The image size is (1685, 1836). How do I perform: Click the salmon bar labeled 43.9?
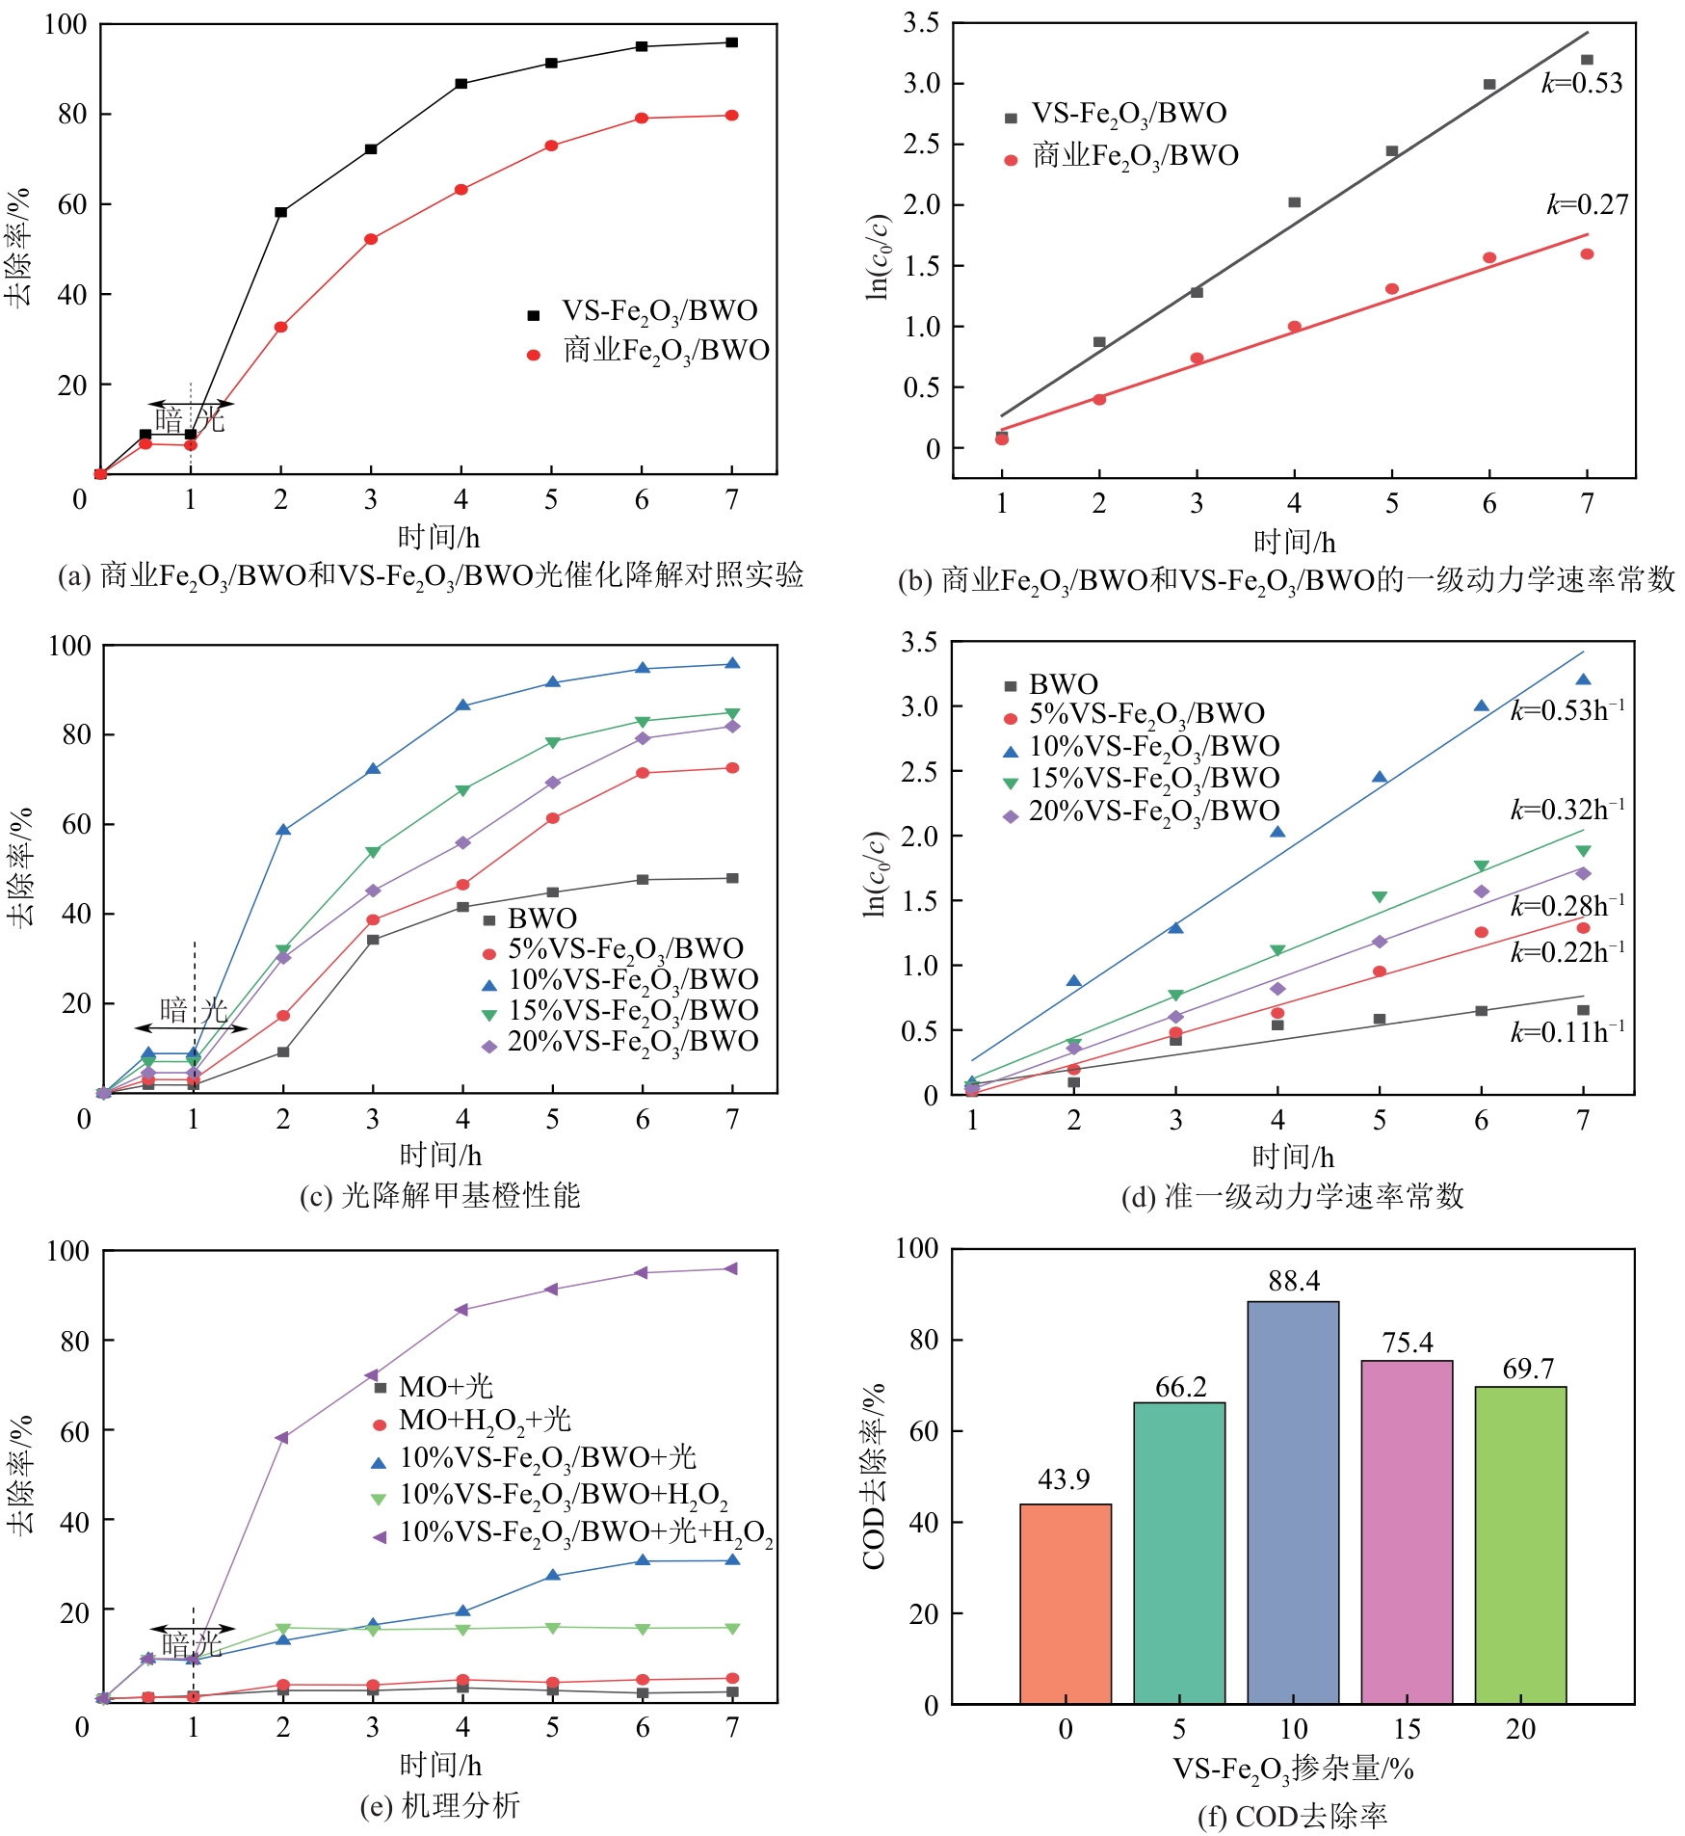pos(1065,1605)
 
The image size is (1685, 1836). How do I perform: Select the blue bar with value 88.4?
pos(1292,1503)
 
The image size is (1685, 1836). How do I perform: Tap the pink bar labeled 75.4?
pos(1407,1532)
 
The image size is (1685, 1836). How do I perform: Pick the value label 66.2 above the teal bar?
pos(1180,1387)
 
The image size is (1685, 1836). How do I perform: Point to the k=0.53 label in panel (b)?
pos(1582,84)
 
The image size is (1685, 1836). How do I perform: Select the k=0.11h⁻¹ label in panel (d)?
pos(1567,1032)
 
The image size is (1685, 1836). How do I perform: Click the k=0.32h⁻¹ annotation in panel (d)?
pos(1567,810)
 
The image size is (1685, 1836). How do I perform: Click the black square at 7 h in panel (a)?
pos(732,42)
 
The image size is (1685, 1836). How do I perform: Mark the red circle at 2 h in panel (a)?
pos(281,327)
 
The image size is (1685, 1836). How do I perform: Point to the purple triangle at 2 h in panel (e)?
pos(282,1437)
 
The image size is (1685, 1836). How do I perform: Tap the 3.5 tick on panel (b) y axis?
pos(921,23)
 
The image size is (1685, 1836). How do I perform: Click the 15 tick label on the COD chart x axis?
pos(1407,1728)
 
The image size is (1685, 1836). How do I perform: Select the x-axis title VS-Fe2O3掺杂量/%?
pos(1293,1769)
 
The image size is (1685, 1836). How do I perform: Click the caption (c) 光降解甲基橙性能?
pos(440,1195)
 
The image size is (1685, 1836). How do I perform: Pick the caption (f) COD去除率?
pos(1292,1816)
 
